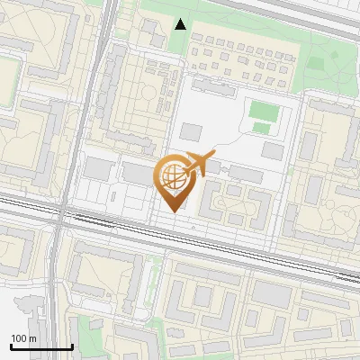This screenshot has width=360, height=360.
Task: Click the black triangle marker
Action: pos(181,24)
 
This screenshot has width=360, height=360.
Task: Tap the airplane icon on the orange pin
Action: pos(199,163)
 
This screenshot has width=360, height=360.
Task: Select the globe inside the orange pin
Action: pos(171,175)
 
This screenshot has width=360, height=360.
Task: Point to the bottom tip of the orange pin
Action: pos(171,212)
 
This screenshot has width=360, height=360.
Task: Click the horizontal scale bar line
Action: pos(41,346)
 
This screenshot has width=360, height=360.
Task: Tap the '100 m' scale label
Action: pos(23,338)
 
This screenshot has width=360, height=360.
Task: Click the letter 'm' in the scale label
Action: pos(32,338)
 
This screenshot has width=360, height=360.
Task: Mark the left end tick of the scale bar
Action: pos(11,345)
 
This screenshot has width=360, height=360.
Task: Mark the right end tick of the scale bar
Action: pos(72,345)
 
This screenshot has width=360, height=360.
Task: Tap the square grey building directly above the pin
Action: pos(191,132)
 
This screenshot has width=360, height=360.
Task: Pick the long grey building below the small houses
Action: pos(216,87)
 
